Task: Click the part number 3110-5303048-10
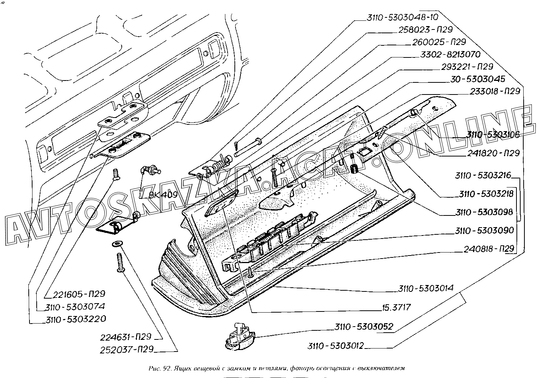tap(403, 17)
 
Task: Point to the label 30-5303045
tap(478, 79)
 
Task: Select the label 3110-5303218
tap(486, 194)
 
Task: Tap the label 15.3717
tap(396, 307)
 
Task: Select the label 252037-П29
tap(127, 350)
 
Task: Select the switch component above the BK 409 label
tap(150, 171)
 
